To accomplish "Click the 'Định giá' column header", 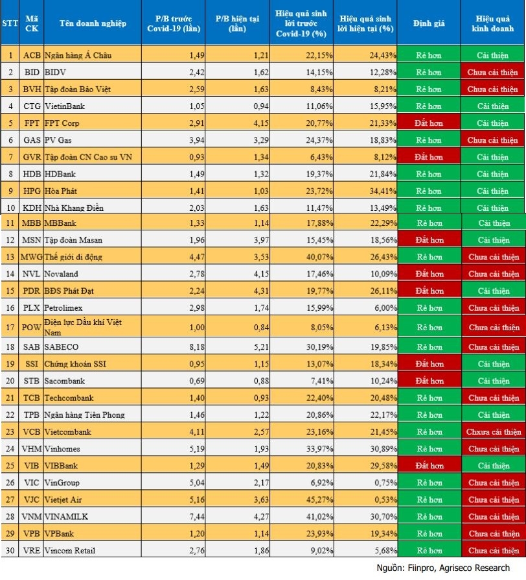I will pos(429,23).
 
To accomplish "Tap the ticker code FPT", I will pos(30,123).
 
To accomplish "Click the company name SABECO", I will pos(60,347).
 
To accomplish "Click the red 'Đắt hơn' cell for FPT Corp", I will pos(429,123).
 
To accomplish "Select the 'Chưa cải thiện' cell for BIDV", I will pos(493,73).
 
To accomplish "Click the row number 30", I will pos(10,550).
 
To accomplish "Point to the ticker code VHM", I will pos(31,449).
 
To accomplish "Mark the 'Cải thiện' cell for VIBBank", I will pos(493,466).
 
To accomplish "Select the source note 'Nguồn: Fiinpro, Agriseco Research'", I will pos(448,568).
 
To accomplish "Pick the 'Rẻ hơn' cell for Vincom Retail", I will pos(429,550).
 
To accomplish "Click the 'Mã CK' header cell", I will pos(30,23).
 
